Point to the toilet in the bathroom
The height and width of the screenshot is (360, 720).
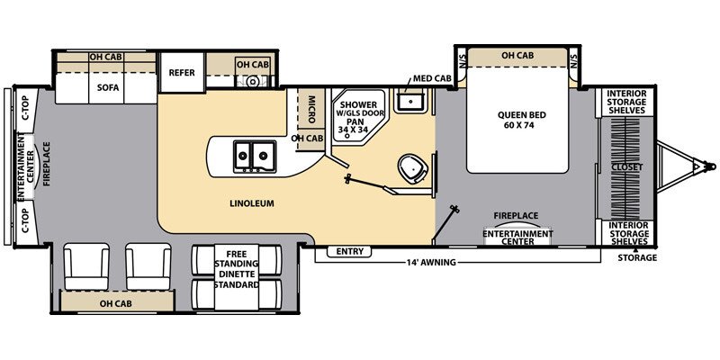[x=411, y=168]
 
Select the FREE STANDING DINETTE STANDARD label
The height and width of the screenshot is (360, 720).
[x=236, y=269]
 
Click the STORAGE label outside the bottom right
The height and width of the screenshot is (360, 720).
[x=636, y=258]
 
